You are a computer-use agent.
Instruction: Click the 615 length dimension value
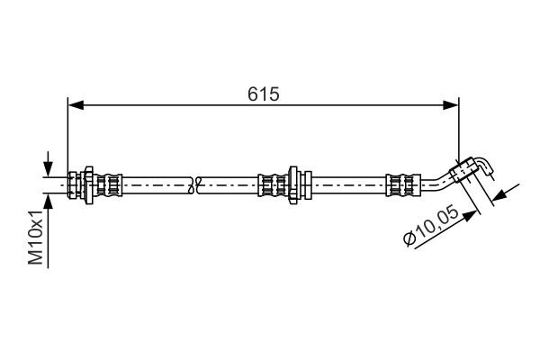click(263, 93)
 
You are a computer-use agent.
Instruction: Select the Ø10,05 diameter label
click(435, 228)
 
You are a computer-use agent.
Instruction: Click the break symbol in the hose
click(195, 185)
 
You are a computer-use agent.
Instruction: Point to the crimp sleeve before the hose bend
click(398, 185)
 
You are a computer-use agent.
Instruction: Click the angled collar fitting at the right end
click(465, 169)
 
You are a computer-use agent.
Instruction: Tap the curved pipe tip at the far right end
click(486, 165)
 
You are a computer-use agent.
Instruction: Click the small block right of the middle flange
click(307, 185)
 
